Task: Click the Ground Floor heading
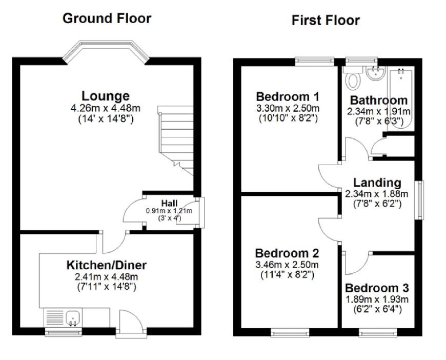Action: (107, 18)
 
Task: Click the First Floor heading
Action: (326, 21)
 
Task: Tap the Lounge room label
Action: (106, 96)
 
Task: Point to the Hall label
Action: (169, 204)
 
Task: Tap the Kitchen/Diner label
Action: (106, 265)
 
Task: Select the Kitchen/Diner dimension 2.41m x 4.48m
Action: (106, 277)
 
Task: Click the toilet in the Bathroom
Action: (353, 79)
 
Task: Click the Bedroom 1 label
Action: (288, 96)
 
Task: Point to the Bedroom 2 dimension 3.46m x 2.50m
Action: (287, 265)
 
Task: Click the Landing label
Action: (376, 182)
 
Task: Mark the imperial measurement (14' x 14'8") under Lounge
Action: (106, 118)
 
